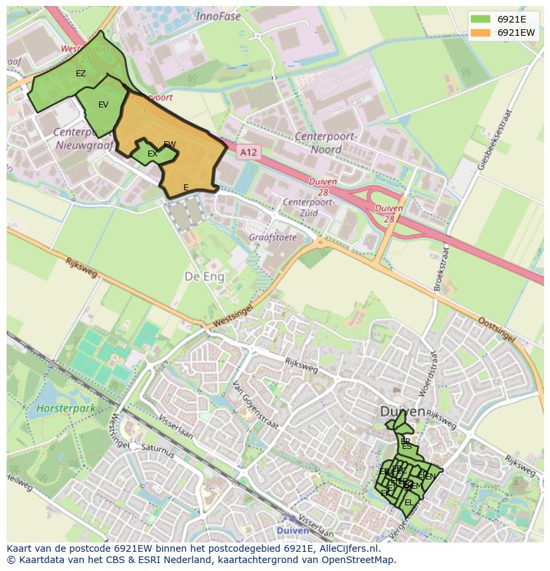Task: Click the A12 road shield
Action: click(248, 153)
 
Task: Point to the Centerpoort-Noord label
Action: click(326, 143)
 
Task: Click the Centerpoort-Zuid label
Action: click(307, 207)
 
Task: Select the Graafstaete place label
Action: click(273, 237)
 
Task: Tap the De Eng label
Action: click(204, 276)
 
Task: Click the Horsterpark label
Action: click(66, 409)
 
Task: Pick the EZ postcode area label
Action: click(80, 74)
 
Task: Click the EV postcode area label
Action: click(103, 105)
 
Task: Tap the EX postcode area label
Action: click(152, 154)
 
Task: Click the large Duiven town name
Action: click(403, 412)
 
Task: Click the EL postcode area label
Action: click(409, 503)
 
